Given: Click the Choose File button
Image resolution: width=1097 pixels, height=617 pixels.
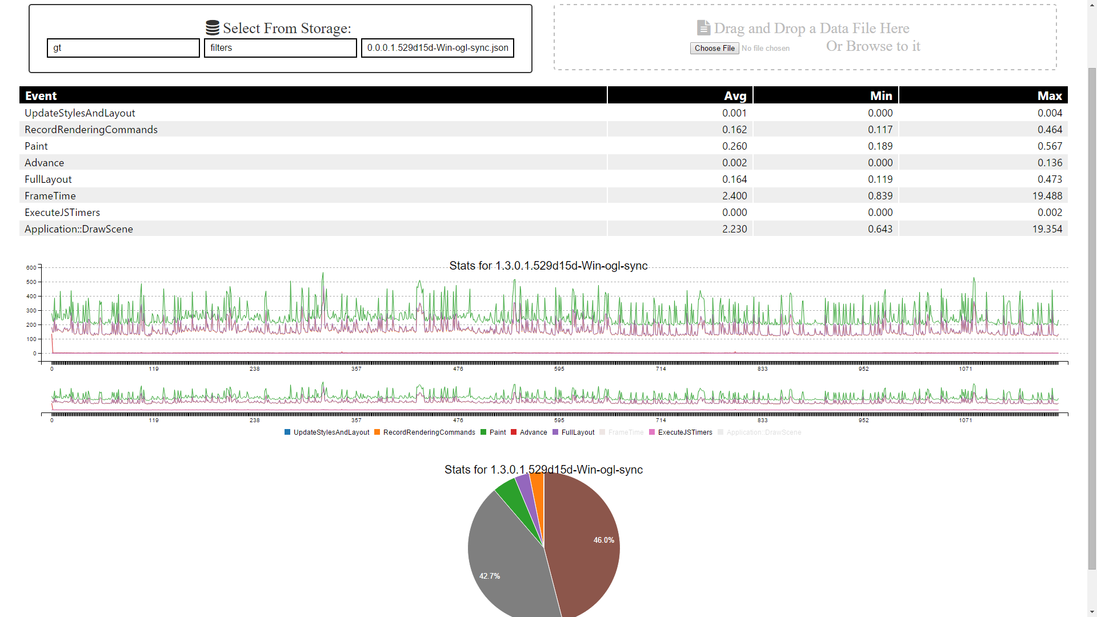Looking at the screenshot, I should pyautogui.click(x=714, y=49).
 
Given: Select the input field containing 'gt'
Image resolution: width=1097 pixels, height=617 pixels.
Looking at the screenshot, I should pyautogui.click(x=123, y=48).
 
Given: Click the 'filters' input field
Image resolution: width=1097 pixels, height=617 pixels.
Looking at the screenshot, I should pyautogui.click(x=280, y=48).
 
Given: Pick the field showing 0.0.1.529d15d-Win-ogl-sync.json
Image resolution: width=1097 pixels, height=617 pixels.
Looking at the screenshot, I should pyautogui.click(x=437, y=48).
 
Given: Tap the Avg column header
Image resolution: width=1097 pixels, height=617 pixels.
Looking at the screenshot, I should pyautogui.click(x=735, y=96).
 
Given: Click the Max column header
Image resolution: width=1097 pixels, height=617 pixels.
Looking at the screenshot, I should pyautogui.click(x=1049, y=96).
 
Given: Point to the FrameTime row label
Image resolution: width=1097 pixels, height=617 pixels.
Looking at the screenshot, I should pyautogui.click(x=50, y=196).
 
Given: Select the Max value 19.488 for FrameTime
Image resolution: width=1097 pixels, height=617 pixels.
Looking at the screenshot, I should pyautogui.click(x=1047, y=196).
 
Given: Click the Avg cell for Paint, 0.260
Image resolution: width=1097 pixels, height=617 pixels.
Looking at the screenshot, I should pyautogui.click(x=734, y=146).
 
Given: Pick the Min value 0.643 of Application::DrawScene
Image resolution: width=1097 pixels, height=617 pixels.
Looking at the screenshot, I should pyautogui.click(x=880, y=229).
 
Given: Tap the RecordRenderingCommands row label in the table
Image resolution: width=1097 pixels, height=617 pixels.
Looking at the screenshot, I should pyautogui.click(x=91, y=130).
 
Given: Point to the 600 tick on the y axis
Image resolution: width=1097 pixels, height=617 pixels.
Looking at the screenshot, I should pyautogui.click(x=31, y=267).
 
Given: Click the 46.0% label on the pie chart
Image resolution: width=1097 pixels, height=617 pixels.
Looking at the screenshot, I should pyautogui.click(x=603, y=540).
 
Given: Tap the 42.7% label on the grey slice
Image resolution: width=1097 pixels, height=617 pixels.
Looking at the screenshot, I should pyautogui.click(x=490, y=576).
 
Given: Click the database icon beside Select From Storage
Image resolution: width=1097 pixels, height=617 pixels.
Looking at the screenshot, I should pyautogui.click(x=213, y=28).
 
